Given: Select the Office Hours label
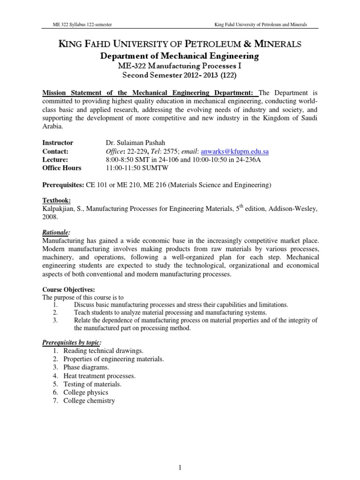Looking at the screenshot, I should [x=62, y=168].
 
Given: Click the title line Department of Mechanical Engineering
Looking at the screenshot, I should [x=180, y=56].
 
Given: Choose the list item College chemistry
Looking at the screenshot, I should [x=89, y=401].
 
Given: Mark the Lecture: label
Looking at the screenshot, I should [x=56, y=159].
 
